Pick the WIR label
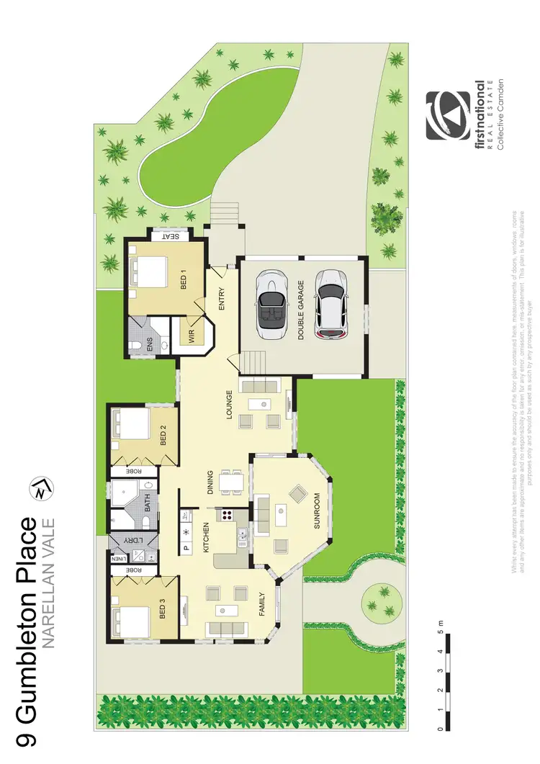point(192,335)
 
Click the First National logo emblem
point(447,114)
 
